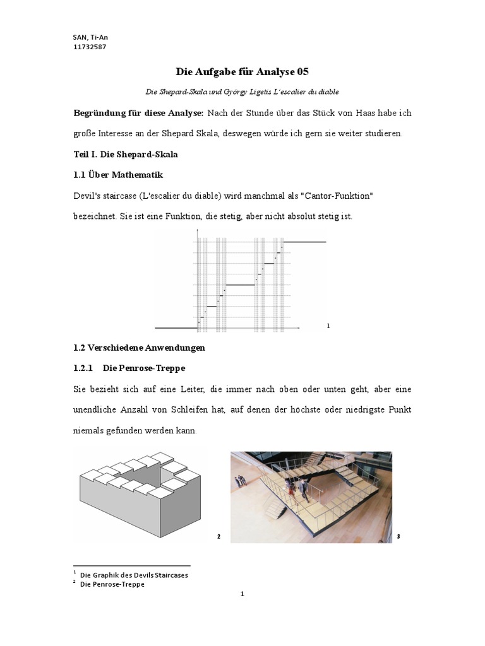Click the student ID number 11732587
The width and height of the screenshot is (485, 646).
[90, 46]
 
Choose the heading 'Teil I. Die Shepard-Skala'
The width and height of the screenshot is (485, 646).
[125, 154]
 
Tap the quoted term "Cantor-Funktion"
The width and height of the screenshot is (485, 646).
[334, 196]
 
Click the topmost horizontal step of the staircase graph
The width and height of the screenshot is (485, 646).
[304, 242]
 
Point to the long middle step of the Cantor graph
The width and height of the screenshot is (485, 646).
[240, 285]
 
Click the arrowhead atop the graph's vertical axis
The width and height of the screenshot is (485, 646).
[198, 232]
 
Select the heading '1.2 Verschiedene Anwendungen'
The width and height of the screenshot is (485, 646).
[139, 348]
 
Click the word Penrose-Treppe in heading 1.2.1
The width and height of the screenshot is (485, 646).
[153, 367]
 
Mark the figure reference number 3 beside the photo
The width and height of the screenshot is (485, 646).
[399, 537]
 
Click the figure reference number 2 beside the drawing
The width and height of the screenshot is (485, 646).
[219, 537]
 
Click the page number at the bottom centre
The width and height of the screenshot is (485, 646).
[242, 611]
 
